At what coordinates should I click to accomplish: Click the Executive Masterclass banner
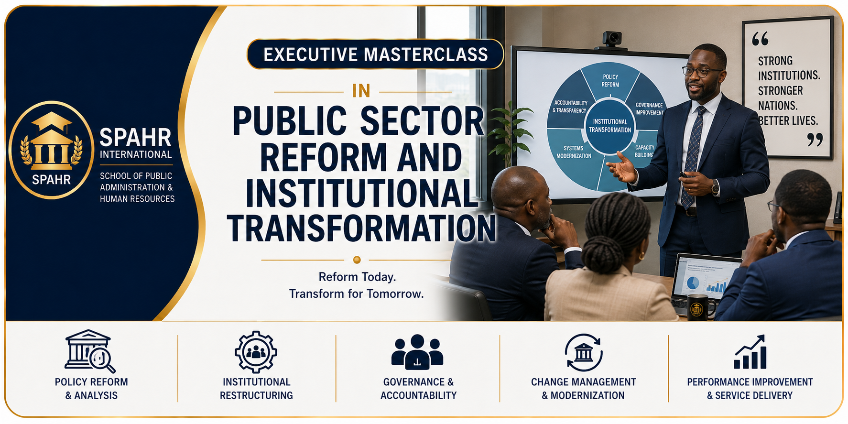[375, 54]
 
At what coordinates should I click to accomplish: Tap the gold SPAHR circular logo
[52, 150]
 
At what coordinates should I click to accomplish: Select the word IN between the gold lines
[361, 91]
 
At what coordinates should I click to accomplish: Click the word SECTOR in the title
[422, 121]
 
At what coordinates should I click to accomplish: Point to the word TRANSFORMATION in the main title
[361, 228]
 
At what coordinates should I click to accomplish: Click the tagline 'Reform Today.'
[357, 277]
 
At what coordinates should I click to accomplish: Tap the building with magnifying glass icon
[90, 351]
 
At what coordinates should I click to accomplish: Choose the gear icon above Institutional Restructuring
[256, 352]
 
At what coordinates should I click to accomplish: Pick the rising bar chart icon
[750, 352]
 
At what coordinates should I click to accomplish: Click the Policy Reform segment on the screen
[610, 80]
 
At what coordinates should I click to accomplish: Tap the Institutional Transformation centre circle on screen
[610, 126]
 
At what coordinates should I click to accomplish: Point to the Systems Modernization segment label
[574, 152]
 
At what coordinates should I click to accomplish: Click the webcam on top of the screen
[611, 39]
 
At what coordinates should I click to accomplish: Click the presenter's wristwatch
[716, 187]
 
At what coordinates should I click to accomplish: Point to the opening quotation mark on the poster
[760, 39]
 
